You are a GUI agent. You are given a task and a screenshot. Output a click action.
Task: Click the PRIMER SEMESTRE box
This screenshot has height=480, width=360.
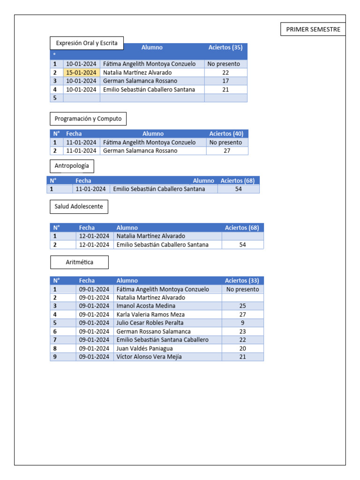[x=313, y=29]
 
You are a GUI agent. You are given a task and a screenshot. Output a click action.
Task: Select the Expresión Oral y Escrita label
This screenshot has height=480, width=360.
[x=87, y=43]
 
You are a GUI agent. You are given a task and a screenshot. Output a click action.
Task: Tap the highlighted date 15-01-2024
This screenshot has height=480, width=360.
[x=82, y=73]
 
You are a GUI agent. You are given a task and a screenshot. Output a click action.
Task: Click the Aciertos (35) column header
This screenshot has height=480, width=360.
[x=225, y=47]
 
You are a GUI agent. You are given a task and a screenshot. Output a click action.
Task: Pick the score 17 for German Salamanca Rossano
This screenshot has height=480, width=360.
[x=225, y=81]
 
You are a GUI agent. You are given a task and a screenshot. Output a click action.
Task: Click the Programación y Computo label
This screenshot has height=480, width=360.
[x=88, y=119]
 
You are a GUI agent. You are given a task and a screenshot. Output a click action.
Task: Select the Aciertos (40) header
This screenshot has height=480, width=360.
[x=226, y=134]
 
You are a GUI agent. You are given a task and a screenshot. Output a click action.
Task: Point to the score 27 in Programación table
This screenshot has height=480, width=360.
[x=227, y=151]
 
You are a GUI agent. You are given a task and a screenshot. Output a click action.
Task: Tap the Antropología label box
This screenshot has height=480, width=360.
[x=72, y=166]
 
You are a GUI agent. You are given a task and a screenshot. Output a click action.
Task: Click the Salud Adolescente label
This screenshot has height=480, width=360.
[x=79, y=206]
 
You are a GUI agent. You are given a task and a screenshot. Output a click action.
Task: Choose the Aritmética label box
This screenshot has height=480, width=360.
[x=79, y=262]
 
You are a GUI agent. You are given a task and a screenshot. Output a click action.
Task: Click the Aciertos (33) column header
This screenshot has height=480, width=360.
[x=242, y=281]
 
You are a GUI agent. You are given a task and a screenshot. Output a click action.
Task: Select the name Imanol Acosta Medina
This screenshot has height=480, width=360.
[x=146, y=306]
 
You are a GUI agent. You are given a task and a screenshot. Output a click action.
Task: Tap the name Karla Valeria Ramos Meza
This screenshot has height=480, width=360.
[x=150, y=315]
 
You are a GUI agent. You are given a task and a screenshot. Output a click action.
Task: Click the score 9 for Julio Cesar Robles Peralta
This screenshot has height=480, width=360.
[x=242, y=323]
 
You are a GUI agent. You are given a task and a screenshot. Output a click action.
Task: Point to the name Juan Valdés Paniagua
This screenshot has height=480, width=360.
[x=144, y=348]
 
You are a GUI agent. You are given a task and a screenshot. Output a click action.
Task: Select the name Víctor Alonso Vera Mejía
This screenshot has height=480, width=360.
[x=149, y=357]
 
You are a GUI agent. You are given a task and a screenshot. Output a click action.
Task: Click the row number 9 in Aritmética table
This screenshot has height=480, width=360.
[x=55, y=357]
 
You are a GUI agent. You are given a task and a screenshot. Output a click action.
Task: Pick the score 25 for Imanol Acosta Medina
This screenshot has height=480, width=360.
[x=242, y=306]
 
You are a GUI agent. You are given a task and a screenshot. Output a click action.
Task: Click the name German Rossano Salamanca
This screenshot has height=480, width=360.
[x=153, y=331]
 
